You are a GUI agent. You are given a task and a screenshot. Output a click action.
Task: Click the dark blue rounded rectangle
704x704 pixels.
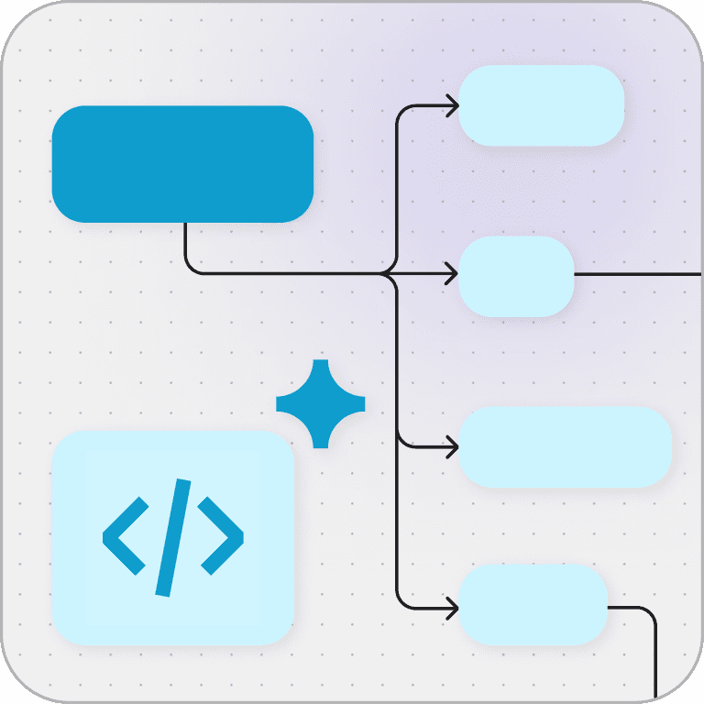pos(182,164)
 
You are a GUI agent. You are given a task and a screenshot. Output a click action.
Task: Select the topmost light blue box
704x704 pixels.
pos(541,105)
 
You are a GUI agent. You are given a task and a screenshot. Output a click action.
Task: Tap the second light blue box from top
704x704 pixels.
pos(515,276)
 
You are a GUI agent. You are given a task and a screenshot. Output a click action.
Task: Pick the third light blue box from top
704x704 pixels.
pos(565,446)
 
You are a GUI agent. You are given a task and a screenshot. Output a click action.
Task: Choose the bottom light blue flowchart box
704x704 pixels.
pos(533,605)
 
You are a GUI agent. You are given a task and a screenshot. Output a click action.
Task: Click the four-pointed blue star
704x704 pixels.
pos(320,403)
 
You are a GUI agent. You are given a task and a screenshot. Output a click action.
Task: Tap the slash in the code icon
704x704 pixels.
pos(173,537)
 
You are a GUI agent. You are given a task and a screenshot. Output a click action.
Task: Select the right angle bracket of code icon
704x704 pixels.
pos(221,536)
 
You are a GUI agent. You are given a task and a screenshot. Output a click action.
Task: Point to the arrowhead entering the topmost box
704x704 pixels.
pos(452,106)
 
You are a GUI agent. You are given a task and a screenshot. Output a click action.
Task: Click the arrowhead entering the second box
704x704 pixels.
pos(452,273)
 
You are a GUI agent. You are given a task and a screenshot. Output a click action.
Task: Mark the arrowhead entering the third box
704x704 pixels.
pos(452,447)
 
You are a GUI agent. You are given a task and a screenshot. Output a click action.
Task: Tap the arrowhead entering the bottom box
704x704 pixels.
pos(452,607)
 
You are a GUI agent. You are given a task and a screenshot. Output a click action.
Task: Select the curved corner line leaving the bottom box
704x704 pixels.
pos(649,613)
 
